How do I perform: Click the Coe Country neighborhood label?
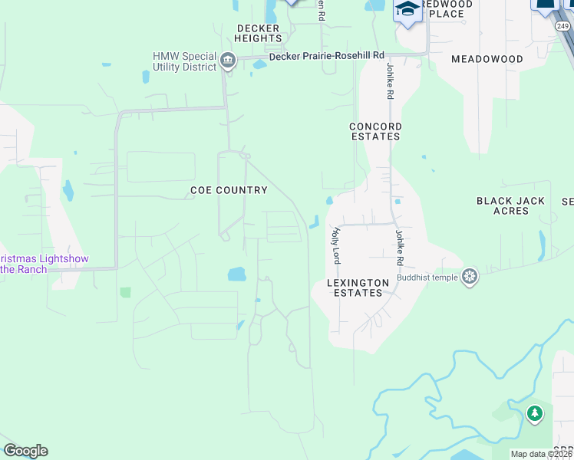point(229,190)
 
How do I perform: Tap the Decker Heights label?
point(258,33)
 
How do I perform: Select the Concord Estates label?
point(375,131)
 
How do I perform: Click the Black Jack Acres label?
point(511,205)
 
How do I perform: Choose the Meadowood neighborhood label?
point(487,59)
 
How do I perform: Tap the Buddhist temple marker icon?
point(470,276)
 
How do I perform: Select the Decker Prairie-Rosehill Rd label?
point(326,56)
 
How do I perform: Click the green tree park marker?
point(534,414)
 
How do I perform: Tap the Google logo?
point(25,451)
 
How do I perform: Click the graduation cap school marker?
point(407,10)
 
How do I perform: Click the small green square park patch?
point(125,292)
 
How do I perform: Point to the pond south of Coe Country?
point(236,274)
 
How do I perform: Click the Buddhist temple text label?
point(427,277)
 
